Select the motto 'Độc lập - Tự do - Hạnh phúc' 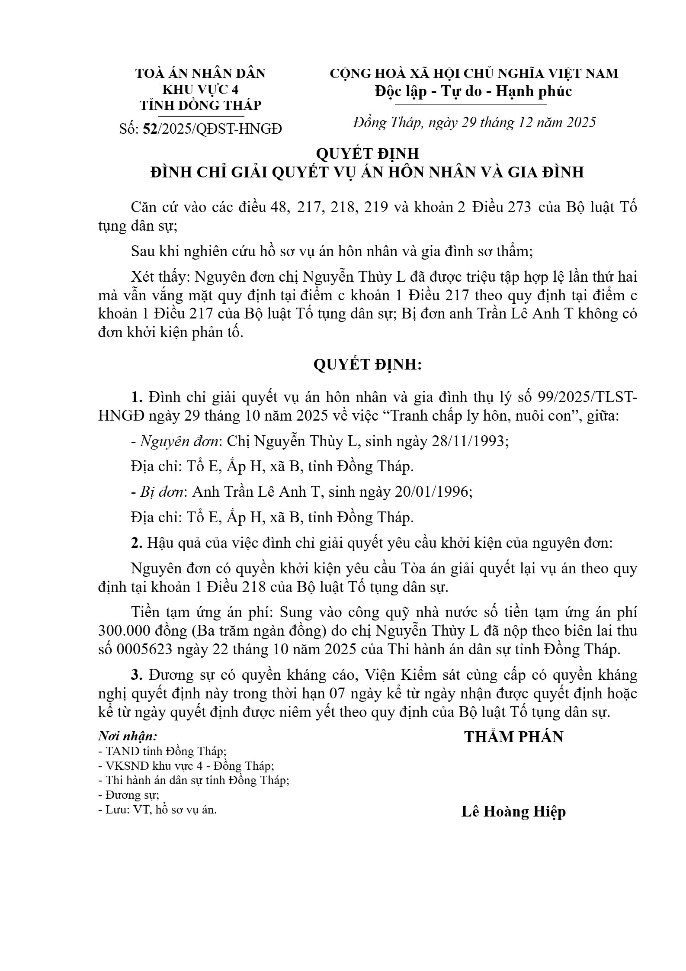tap(473, 91)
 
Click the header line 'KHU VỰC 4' tap(200, 90)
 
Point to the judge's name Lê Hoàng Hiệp tap(513, 811)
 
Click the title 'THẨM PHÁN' tap(513, 737)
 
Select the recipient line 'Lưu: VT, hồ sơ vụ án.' tap(157, 810)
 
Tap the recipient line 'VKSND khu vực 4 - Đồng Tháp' tap(186, 765)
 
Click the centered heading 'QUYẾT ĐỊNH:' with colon tap(367, 365)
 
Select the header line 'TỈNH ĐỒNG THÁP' tap(200, 106)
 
